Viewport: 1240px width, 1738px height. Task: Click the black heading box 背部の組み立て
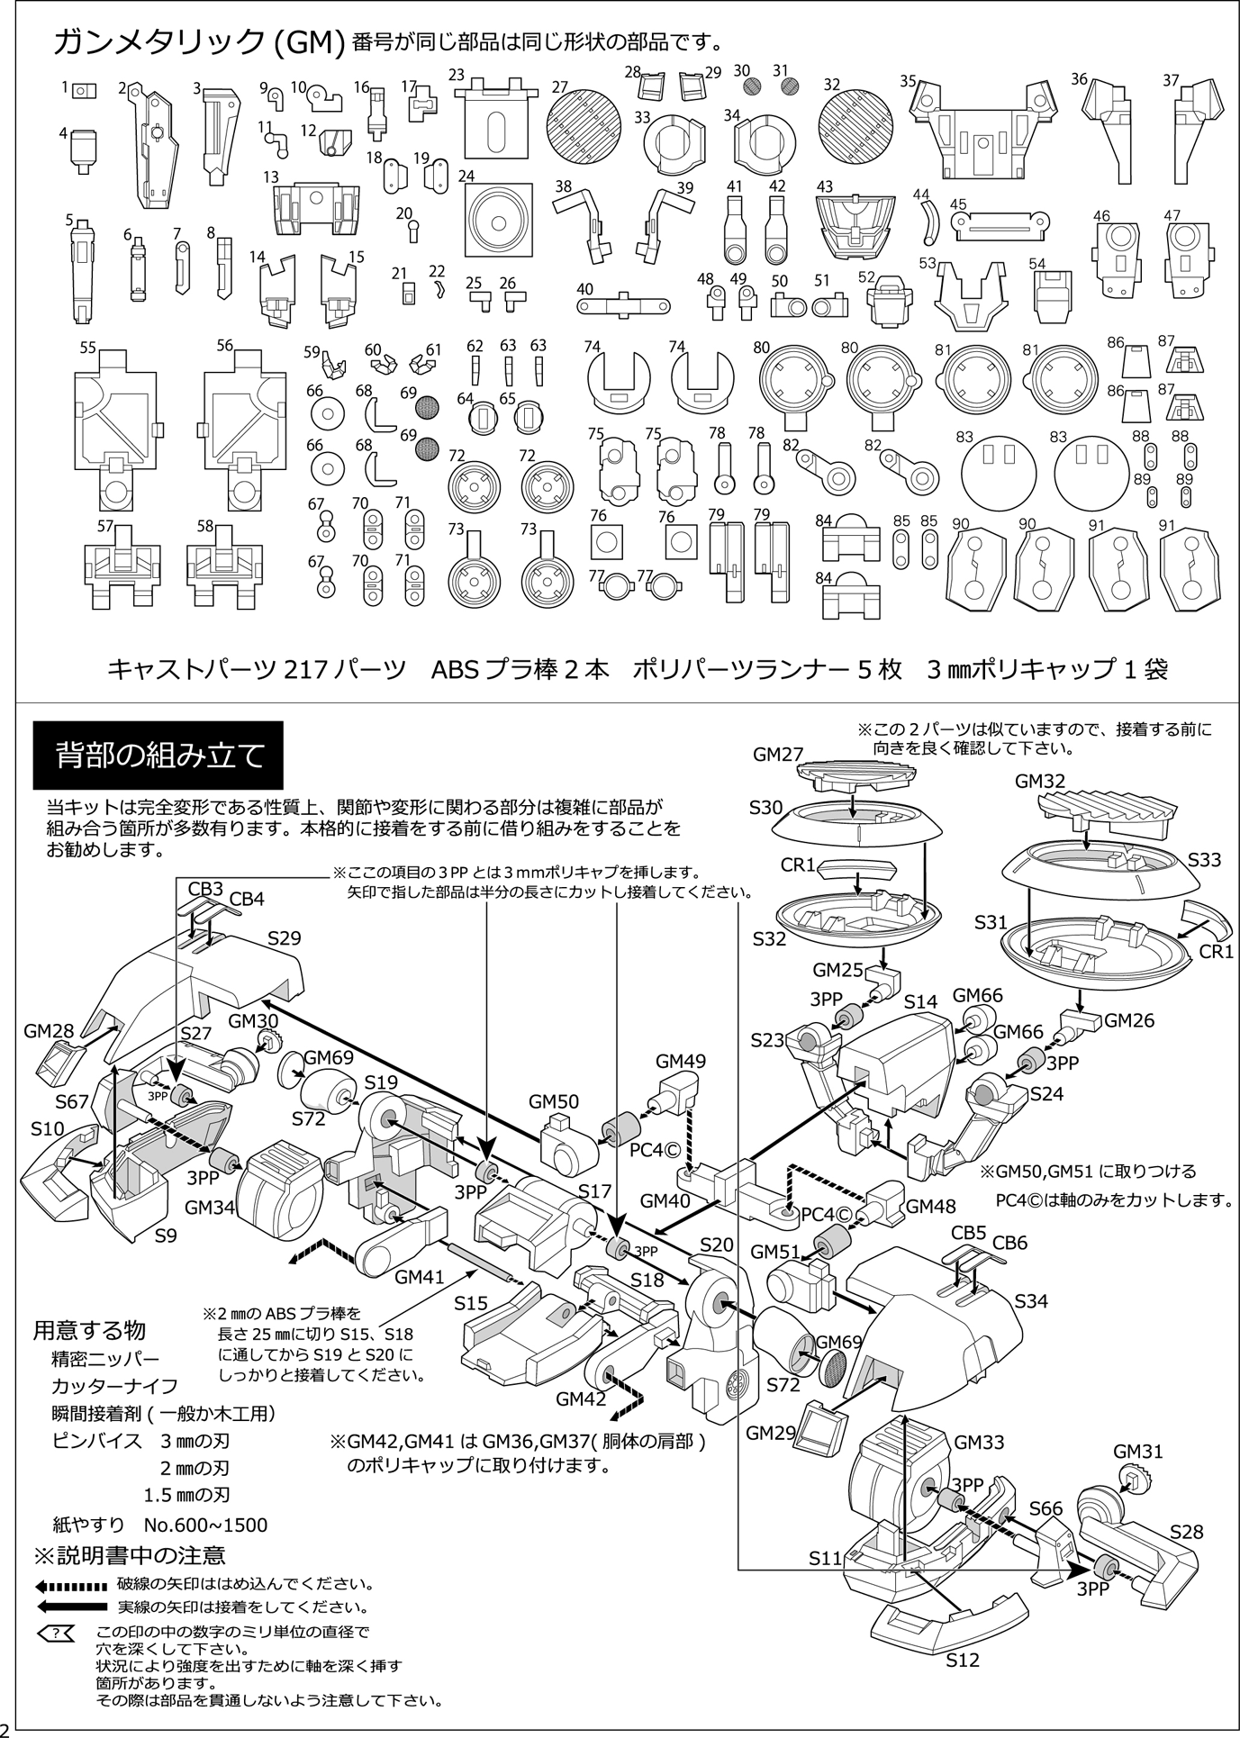coord(158,755)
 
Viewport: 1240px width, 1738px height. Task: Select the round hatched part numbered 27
coord(584,126)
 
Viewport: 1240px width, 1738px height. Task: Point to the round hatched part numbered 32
coord(855,126)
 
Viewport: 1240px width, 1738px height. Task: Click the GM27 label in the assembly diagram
coord(778,755)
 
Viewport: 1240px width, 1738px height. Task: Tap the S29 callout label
coord(285,938)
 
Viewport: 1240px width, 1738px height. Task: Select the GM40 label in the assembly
coord(665,1200)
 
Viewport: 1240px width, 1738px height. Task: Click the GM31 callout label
coord(1138,1451)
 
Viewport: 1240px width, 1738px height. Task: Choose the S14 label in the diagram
coord(920,1001)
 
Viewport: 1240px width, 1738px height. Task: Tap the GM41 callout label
coord(420,1276)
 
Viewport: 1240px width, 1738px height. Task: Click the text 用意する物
coord(89,1330)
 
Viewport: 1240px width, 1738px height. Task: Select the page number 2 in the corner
coord(7,1727)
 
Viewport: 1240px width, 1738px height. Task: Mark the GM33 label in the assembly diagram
coord(979,1442)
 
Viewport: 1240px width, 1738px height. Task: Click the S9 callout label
coord(166,1236)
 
